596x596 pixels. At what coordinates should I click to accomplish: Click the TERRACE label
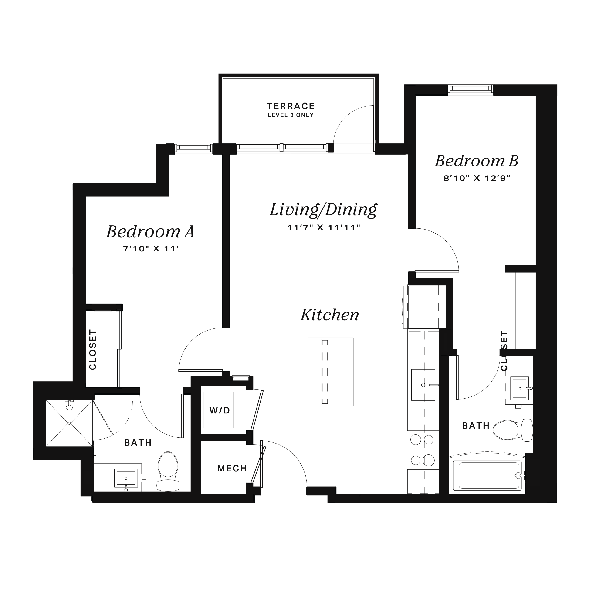click(291, 106)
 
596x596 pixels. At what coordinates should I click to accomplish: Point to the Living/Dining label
click(323, 210)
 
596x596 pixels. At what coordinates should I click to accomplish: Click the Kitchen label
click(330, 315)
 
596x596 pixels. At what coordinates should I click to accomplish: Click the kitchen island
click(331, 372)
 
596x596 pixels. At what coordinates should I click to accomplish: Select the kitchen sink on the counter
click(423, 385)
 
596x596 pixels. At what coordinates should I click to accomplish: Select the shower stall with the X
click(69, 423)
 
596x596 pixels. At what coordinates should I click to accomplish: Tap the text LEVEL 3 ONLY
click(291, 115)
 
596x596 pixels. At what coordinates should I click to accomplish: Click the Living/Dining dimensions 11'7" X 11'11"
click(324, 228)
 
